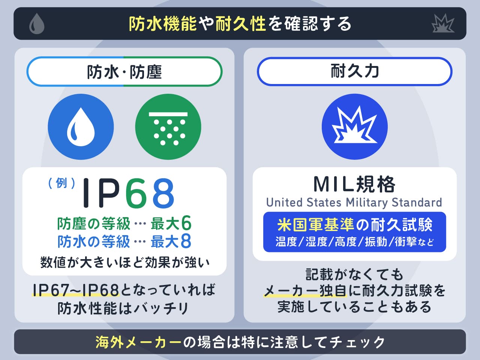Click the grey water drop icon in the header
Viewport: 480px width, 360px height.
[x=37, y=24]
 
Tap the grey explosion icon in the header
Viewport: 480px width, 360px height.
[x=443, y=24]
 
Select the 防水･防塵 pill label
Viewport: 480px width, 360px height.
[x=124, y=72]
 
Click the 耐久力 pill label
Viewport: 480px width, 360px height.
[x=354, y=71]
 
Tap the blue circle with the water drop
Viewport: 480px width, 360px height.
[x=81, y=127]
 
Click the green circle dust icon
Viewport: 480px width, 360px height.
[x=168, y=127]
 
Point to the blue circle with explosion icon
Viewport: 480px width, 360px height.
[x=354, y=127]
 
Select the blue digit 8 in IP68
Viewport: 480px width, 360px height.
[x=163, y=193]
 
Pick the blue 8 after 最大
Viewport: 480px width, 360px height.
[x=186, y=241]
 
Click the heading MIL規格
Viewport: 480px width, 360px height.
[x=354, y=184]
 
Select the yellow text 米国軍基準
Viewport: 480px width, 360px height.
[x=315, y=225]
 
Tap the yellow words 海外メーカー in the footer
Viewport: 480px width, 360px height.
[x=138, y=342]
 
